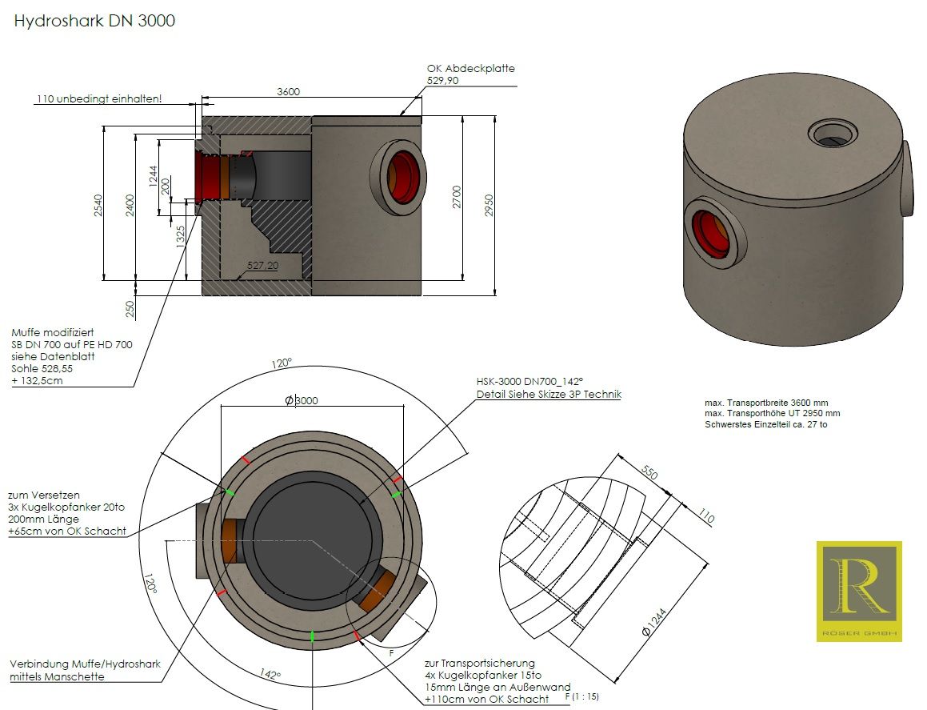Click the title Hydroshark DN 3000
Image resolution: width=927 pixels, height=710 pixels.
(x=94, y=21)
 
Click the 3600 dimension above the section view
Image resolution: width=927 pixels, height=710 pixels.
(x=289, y=92)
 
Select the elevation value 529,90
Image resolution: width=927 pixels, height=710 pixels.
(x=443, y=81)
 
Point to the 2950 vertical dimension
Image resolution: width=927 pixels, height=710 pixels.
(x=489, y=205)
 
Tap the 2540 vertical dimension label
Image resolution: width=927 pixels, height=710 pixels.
(x=98, y=205)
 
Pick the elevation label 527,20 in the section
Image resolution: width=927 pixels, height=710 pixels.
(x=262, y=265)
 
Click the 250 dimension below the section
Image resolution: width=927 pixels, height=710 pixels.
(x=130, y=309)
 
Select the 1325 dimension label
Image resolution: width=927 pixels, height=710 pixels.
(x=180, y=237)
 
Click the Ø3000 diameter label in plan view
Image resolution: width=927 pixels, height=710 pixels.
(x=302, y=400)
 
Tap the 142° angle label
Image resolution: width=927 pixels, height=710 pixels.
(x=270, y=673)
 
